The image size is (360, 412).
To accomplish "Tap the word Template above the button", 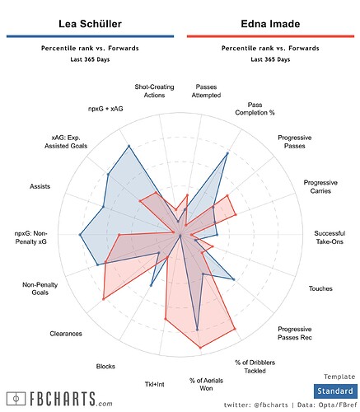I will point(339,376).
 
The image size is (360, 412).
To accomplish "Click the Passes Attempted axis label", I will point(213,91).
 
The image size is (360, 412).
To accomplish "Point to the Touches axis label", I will point(320,288).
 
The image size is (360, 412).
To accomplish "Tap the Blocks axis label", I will point(105,366).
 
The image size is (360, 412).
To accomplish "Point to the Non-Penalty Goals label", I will point(40,288).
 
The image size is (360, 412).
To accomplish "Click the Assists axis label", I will point(40,187).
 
